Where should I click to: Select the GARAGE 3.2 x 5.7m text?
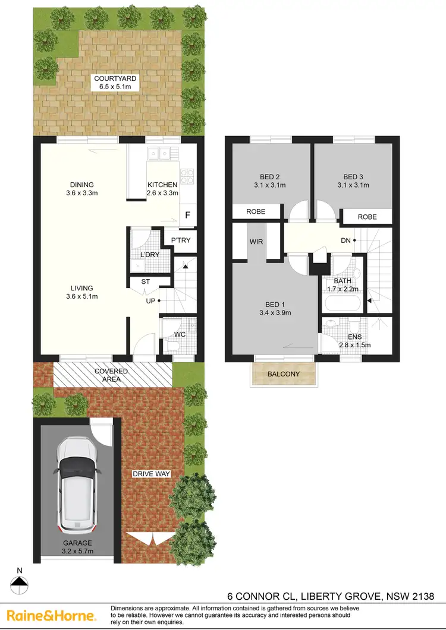point(78,547)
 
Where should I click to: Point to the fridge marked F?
point(187,216)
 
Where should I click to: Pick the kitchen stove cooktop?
point(187,176)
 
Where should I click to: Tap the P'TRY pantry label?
point(180,240)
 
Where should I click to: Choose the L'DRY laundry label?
point(149,255)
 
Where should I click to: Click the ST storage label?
point(145,283)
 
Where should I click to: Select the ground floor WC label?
point(180,334)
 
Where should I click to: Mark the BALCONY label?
point(283,374)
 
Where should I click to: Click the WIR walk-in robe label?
point(257,242)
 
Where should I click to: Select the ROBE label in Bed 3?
point(367,217)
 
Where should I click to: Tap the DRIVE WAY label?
point(152,474)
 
